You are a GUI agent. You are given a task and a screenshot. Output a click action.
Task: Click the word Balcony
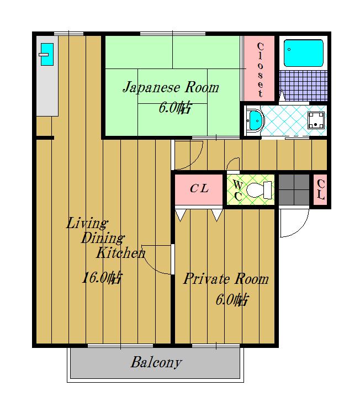[x=156, y=363]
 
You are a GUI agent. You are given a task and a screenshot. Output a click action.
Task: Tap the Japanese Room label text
[x=171, y=87]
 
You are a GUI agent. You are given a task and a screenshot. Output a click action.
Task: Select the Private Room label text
[x=226, y=279]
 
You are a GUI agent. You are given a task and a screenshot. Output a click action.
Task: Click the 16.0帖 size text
[x=102, y=277]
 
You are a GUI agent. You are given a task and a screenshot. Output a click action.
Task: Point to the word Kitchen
[x=120, y=253]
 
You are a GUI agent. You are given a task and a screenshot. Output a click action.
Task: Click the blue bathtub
[x=304, y=53]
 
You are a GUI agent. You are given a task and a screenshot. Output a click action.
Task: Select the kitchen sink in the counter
[x=47, y=54]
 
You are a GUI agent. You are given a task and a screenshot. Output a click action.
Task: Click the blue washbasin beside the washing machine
[x=256, y=120]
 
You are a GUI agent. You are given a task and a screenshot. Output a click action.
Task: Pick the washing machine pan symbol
[x=316, y=120]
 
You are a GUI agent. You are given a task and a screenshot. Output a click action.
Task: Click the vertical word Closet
[x=260, y=70]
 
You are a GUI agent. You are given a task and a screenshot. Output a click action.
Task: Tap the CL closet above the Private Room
[x=199, y=189]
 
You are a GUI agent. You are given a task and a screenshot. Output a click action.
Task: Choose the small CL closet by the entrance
[x=321, y=189]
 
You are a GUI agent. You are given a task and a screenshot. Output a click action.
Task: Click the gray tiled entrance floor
[x=294, y=189]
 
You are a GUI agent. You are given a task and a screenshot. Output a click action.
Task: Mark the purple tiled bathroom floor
[x=304, y=86]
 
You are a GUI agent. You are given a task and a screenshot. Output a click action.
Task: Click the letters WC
[x=238, y=191]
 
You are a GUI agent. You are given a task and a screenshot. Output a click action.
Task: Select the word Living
[x=87, y=223]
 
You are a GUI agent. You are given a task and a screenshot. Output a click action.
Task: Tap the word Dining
[x=103, y=238]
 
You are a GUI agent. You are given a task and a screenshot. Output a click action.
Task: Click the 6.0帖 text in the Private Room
[x=232, y=299]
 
